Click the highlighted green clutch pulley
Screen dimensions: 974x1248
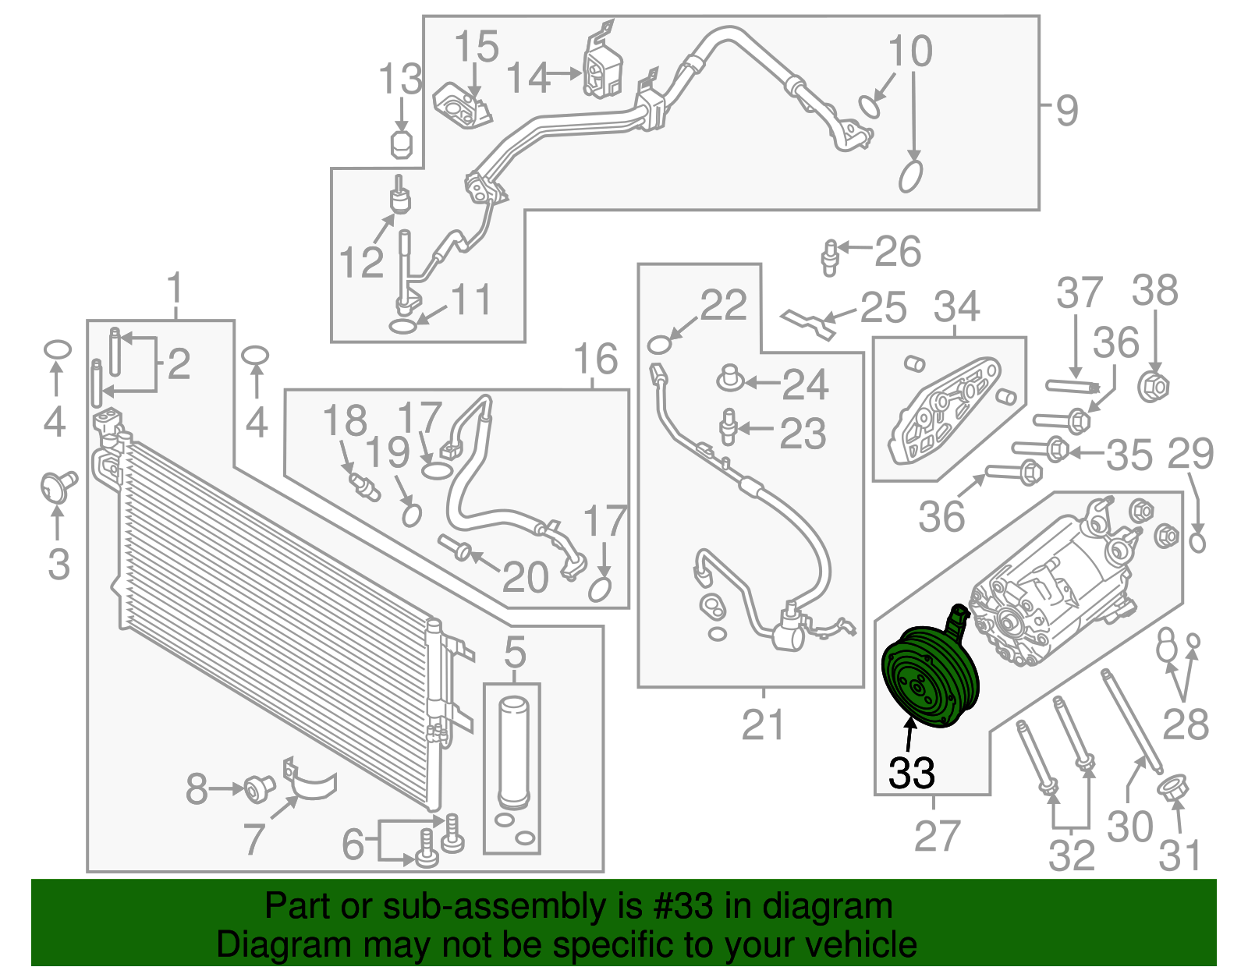pyautogui.click(x=928, y=677)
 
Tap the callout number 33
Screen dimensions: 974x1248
pyautogui.click(x=911, y=773)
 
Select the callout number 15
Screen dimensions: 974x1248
pyautogui.click(x=477, y=47)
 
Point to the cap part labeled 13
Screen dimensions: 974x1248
pyautogui.click(x=401, y=144)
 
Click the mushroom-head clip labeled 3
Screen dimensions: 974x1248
pyautogui.click(x=58, y=487)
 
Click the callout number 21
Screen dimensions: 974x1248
pyautogui.click(x=762, y=725)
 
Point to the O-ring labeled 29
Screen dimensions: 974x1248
pyautogui.click(x=1198, y=540)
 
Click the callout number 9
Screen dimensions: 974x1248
pyautogui.click(x=1066, y=110)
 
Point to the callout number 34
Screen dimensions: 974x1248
pyautogui.click(x=956, y=306)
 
